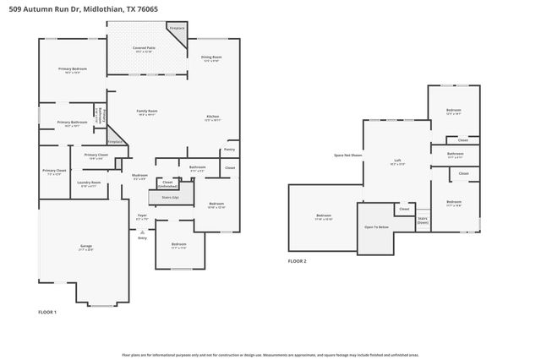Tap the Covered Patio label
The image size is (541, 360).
pos(143,50)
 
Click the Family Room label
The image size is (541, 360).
pos(147,112)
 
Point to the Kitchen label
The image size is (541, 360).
pos(213,118)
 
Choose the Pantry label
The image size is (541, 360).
pos(229,150)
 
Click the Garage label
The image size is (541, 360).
pos(85,248)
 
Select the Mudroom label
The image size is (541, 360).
pos(139,177)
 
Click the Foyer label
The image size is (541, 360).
pos(142,216)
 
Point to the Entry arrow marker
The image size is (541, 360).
pos(142,232)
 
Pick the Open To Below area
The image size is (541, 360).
pos(376,227)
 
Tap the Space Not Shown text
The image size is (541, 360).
pos(347,155)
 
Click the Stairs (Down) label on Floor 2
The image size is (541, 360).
pos(423,220)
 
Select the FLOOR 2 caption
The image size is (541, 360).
pos(297,262)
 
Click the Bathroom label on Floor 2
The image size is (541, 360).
pos(455,155)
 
